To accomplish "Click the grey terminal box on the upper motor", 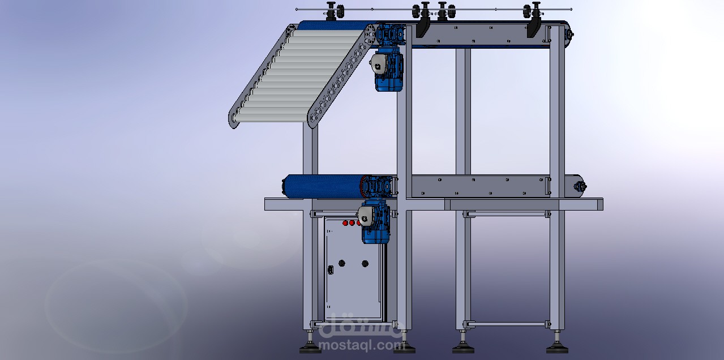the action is pyautogui.click(x=377, y=65).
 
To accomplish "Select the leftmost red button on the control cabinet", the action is pyautogui.click(x=345, y=222).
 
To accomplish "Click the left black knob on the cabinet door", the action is pyautogui.click(x=342, y=263).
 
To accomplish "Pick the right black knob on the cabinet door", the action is pyautogui.click(x=365, y=264).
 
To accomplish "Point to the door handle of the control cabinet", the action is pyautogui.click(x=331, y=269).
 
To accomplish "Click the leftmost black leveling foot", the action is pyautogui.click(x=310, y=348).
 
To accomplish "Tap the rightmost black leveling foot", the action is pyautogui.click(x=557, y=349).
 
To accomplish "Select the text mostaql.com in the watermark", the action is pyautogui.click(x=361, y=345).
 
